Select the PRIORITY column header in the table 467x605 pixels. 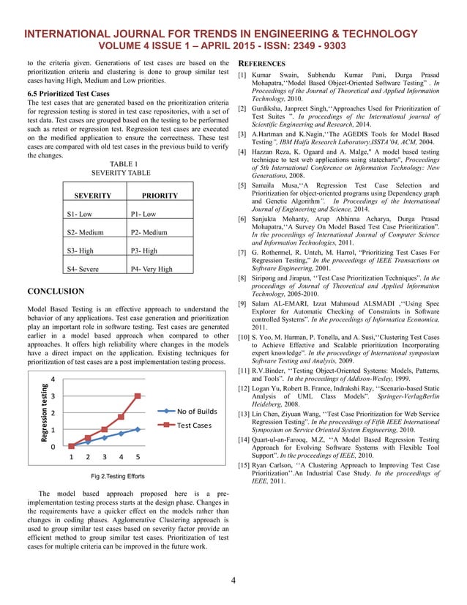[x=160, y=196]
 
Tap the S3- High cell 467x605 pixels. [x=80, y=250]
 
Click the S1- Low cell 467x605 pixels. [x=79, y=215]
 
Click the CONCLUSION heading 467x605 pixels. [x=55, y=292]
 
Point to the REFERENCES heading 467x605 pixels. [x=262, y=64]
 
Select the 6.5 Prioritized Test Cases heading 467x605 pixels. [x=68, y=94]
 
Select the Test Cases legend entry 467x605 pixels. [x=194, y=426]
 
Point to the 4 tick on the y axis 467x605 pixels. [x=52, y=380]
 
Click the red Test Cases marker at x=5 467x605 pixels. [x=138, y=396]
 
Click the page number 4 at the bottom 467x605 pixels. [x=233, y=582]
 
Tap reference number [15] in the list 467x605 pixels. [x=244, y=466]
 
